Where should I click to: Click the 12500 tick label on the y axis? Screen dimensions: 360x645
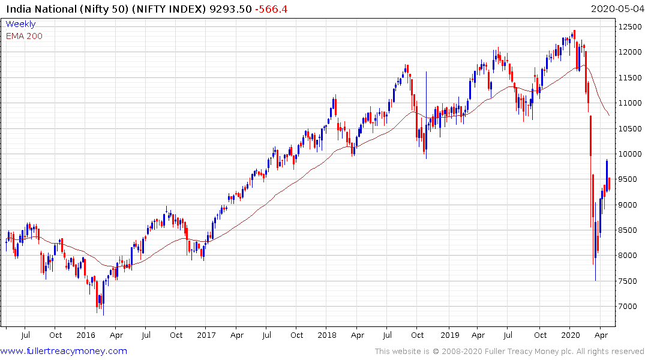coord(628,26)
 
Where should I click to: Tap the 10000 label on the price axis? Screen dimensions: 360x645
coord(628,154)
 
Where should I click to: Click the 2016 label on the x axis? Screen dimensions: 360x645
coord(86,335)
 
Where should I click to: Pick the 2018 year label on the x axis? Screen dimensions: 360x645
coord(327,335)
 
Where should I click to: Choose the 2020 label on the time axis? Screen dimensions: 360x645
coord(569,335)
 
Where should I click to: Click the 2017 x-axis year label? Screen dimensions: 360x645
coord(206,335)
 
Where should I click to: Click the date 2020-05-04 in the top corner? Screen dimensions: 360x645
coord(616,9)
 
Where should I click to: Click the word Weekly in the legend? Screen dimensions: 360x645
coord(20,24)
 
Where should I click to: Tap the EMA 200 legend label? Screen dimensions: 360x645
coord(24,36)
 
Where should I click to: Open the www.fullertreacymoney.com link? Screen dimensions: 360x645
coord(64,351)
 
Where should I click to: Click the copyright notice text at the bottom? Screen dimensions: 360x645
coord(509,351)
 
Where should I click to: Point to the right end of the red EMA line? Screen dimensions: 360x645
coord(610,115)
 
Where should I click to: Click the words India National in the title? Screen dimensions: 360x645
coord(38,9)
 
